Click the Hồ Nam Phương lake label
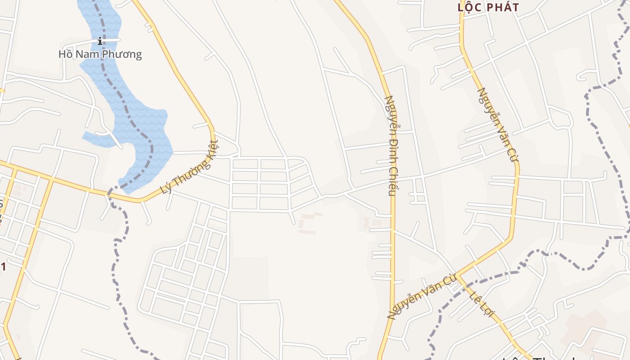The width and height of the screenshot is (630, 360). (100, 54)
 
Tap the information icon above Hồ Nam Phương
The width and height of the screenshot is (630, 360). (100, 41)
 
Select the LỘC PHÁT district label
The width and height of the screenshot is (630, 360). (488, 7)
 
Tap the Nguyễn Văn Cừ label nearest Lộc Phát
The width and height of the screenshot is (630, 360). (498, 125)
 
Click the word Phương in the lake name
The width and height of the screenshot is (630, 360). (122, 54)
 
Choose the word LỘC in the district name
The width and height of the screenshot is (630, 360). (468, 7)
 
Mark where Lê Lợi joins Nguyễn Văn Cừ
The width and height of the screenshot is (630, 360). (457, 274)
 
